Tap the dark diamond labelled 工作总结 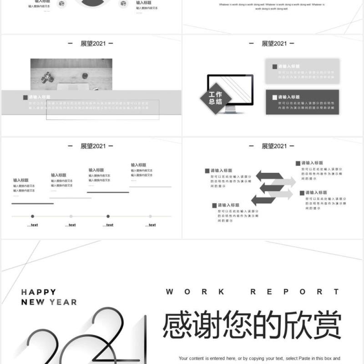216,98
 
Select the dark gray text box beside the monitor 302,102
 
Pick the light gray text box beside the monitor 302,71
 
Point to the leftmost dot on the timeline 32,216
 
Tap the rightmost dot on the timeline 150,216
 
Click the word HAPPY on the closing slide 39,292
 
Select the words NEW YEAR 49,302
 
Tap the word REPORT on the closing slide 295,292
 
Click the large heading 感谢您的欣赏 252,325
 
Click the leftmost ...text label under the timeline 32,225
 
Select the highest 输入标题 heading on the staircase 139,165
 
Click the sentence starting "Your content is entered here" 259,359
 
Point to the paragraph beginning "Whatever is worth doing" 272,6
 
